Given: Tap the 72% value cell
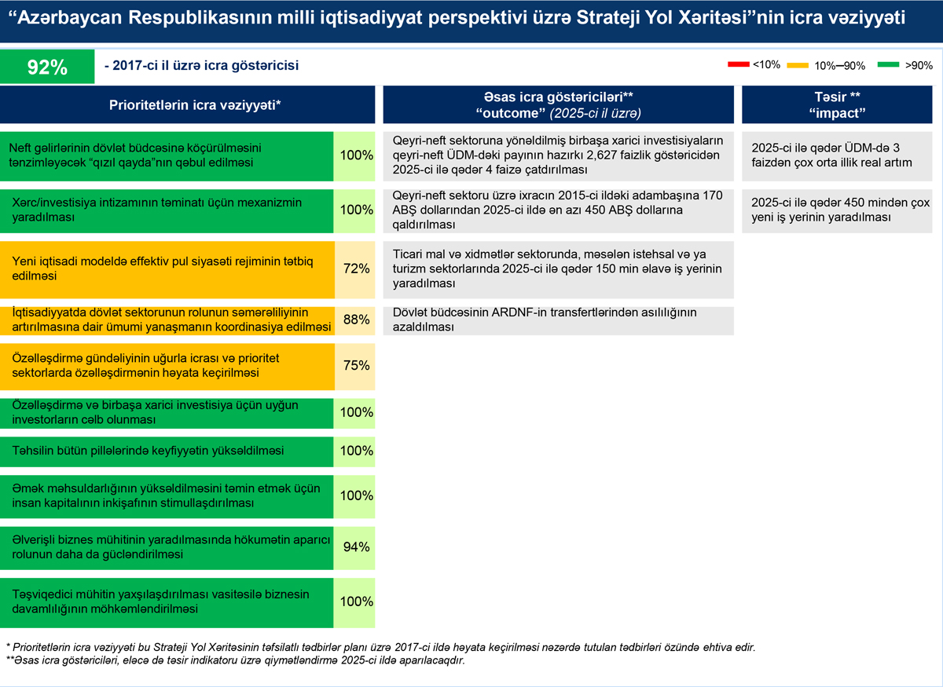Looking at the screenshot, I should (355, 269).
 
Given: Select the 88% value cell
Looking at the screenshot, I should (355, 320).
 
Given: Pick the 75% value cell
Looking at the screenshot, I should (355, 365).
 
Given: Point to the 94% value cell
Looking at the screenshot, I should (355, 546).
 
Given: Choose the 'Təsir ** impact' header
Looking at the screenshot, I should (836, 104).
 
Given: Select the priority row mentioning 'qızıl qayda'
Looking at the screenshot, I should (167, 155).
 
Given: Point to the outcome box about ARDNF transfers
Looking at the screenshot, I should (558, 320).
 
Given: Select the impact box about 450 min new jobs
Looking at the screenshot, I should (836, 210).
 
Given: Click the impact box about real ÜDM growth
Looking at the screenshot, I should (836, 155).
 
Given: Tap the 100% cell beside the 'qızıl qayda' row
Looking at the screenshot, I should (355, 155).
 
